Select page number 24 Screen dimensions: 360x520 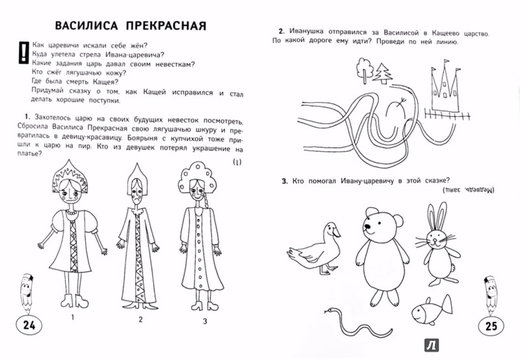27,326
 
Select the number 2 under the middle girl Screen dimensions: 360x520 140,318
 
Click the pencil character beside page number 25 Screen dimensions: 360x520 491,291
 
